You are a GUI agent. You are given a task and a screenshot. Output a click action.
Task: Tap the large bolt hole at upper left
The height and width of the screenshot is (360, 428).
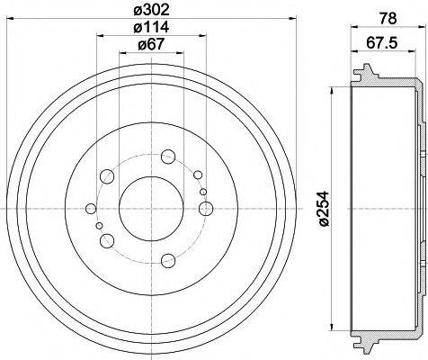click(x=131, y=175)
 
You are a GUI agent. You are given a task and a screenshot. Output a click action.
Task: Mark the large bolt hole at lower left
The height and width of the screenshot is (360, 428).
click(x=107, y=238)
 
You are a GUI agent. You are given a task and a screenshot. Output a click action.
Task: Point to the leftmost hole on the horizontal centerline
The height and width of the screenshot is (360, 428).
click(x=90, y=208)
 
